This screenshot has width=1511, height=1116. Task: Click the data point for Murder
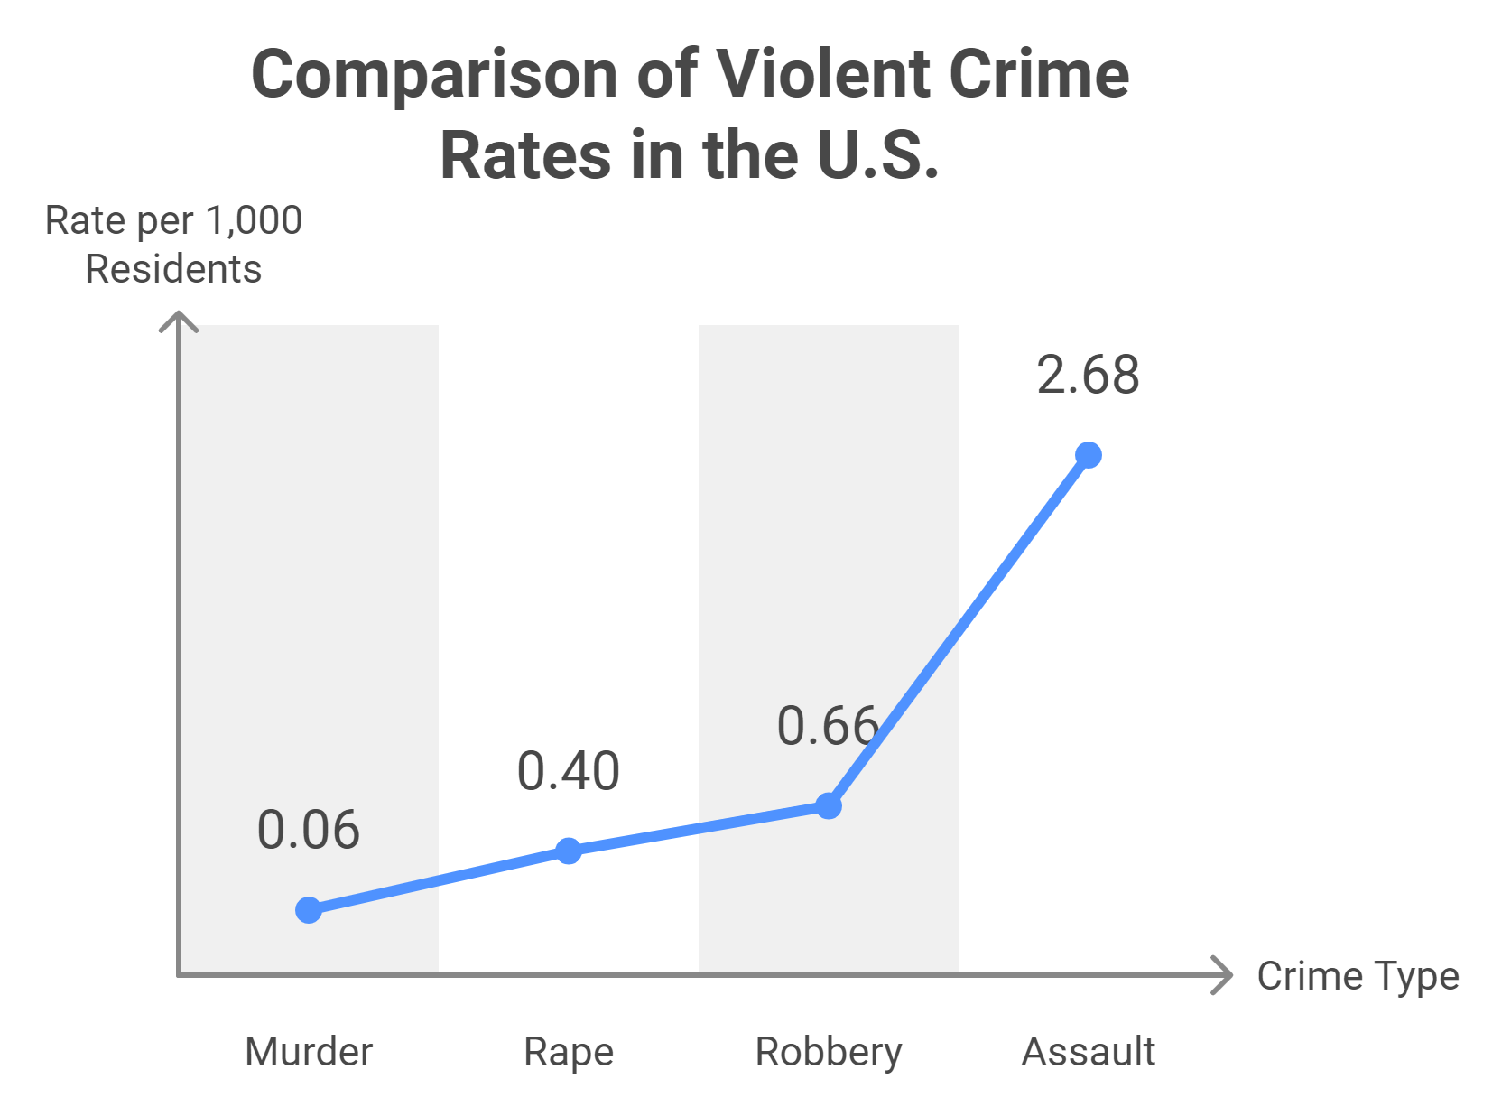pos(309,910)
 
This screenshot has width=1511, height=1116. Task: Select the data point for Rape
pos(569,851)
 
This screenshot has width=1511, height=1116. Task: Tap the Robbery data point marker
pos(829,805)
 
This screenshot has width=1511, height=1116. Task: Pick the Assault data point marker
pos(1089,455)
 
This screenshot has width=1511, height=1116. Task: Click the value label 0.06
pos(309,831)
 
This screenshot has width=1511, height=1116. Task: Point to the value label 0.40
pos(569,772)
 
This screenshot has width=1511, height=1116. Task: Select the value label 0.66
pos(827,727)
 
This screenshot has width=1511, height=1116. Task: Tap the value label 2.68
pos(1089,376)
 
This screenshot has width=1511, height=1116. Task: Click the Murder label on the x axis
pos(309,1052)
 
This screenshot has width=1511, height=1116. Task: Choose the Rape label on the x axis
pos(569,1052)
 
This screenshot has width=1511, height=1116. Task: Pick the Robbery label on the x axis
pos(829,1052)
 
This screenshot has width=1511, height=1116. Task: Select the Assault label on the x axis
pos(1089,1052)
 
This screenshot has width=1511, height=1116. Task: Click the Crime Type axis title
pos(1358,976)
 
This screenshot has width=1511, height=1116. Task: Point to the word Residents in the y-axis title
pos(173,269)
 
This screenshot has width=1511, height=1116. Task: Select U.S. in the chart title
pos(877,155)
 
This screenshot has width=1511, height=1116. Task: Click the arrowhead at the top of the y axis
pos(179,319)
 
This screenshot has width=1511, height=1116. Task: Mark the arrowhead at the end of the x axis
pos(1224,975)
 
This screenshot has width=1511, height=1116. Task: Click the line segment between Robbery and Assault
pos(959,630)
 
